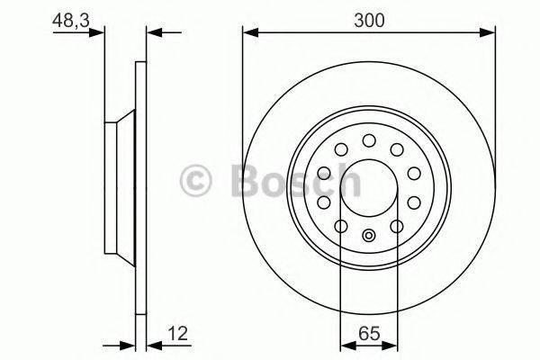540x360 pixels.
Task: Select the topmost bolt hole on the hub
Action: click(x=369, y=139)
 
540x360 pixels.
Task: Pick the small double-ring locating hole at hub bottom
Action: click(x=369, y=237)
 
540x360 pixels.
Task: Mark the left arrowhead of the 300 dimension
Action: click(x=249, y=33)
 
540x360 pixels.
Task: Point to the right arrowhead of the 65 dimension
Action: click(x=392, y=345)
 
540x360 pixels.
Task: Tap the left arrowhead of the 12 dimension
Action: click(x=128, y=345)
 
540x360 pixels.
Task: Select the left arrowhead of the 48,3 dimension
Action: click(x=98, y=33)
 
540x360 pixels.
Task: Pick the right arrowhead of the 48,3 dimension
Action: click(x=152, y=33)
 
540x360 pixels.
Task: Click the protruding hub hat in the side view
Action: click(x=118, y=188)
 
